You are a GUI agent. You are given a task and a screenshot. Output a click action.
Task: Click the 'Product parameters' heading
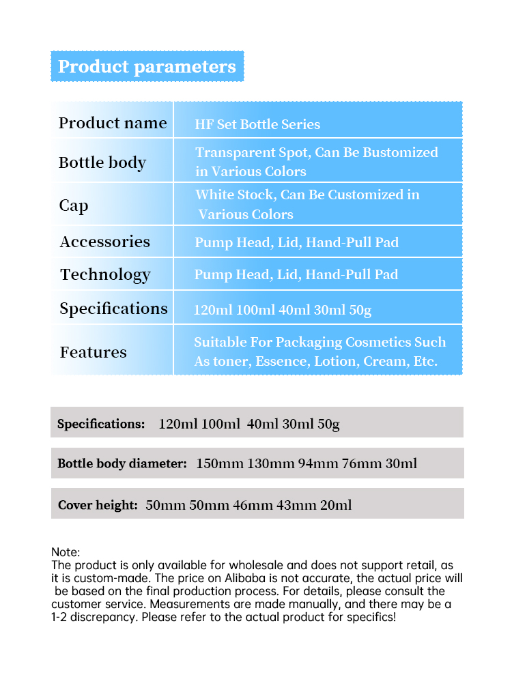click(x=147, y=67)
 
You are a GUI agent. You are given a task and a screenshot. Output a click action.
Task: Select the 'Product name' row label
click(x=113, y=123)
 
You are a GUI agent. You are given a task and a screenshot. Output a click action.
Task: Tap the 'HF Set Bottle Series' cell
click(x=257, y=124)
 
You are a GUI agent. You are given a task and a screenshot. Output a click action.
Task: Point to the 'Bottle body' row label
click(x=102, y=162)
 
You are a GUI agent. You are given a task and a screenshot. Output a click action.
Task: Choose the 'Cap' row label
click(x=74, y=205)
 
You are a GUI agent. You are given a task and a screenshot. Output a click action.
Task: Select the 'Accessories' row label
click(x=105, y=242)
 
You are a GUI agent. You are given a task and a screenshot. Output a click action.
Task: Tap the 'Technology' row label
click(x=105, y=274)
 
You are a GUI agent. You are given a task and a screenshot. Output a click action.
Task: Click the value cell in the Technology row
click(x=296, y=274)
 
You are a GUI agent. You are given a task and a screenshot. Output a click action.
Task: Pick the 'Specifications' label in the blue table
click(x=113, y=308)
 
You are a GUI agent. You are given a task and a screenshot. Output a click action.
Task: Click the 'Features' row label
click(x=94, y=352)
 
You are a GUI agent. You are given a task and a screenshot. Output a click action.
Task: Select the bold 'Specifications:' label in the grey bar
click(x=101, y=424)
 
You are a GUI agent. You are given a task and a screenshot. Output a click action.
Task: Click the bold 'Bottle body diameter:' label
click(x=122, y=464)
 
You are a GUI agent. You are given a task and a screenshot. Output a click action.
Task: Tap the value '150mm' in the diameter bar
click(x=220, y=464)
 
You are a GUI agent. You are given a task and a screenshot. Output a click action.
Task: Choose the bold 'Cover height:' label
click(x=98, y=505)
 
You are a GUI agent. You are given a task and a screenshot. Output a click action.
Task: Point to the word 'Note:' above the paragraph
click(x=66, y=552)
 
